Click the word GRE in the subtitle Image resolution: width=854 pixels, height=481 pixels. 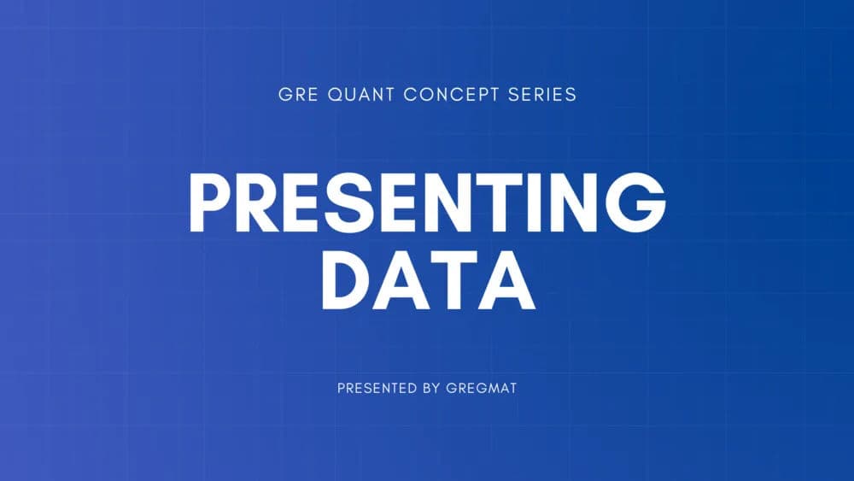point(295,95)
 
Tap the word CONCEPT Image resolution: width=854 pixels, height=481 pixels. point(451,95)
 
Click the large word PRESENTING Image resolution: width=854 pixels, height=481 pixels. point(427,203)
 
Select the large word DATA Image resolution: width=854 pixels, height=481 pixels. point(427,281)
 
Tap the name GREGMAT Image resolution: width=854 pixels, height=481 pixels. point(482,388)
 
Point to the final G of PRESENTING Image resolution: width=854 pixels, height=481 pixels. point(638,203)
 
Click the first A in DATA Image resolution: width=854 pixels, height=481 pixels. point(401,281)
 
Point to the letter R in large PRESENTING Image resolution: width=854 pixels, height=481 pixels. point(256,203)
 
